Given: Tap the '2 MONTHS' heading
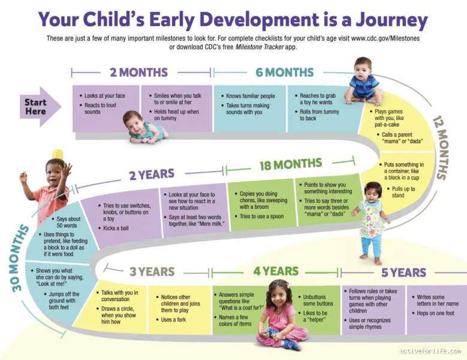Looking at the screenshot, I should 138,73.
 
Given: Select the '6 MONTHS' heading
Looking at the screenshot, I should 284,73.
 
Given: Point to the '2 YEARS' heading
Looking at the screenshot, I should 152,175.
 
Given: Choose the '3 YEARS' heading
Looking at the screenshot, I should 152,272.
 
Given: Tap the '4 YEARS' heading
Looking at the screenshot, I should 276,271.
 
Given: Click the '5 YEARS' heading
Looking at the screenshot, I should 403,273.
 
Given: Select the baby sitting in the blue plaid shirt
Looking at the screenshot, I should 364,81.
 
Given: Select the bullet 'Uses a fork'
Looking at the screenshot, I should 174,320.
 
